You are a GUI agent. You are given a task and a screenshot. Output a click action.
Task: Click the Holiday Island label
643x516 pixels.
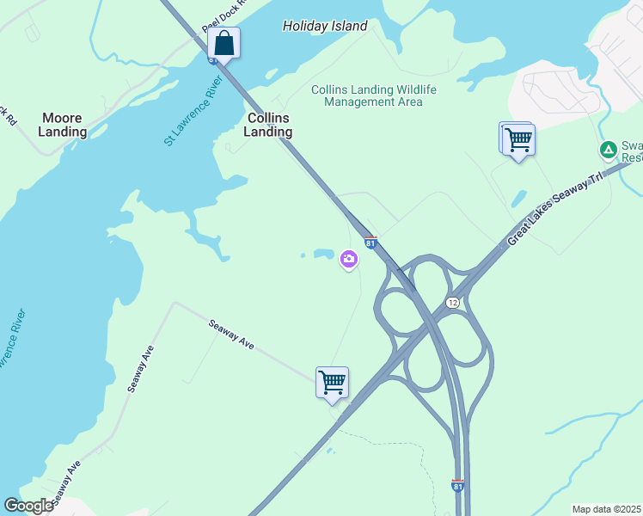click(x=325, y=26)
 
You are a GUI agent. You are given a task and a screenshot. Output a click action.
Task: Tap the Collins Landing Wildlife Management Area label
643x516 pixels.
click(x=373, y=95)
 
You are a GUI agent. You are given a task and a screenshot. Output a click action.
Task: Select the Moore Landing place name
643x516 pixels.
click(x=63, y=125)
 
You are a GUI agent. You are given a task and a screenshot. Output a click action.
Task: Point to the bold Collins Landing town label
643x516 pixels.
click(x=268, y=125)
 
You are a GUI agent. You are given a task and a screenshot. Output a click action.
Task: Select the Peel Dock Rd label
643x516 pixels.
click(x=224, y=15)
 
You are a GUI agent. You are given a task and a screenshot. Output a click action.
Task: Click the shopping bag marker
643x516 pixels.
click(x=224, y=43)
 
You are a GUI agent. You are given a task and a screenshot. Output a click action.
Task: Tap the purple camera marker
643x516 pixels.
click(x=348, y=258)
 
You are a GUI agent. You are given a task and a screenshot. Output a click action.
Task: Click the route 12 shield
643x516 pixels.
click(x=452, y=303)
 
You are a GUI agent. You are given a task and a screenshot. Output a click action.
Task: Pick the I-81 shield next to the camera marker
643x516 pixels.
click(x=370, y=243)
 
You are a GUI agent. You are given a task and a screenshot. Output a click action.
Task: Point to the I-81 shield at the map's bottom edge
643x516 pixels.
click(x=457, y=486)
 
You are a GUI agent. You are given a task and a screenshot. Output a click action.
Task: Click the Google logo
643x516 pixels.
click(x=29, y=505)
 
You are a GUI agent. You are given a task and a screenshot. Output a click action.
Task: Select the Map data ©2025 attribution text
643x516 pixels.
click(x=606, y=509)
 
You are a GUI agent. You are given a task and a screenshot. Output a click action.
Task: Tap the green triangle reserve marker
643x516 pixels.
click(x=608, y=150)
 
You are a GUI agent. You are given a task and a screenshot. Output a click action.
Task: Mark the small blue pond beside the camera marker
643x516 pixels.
click(x=323, y=254)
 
